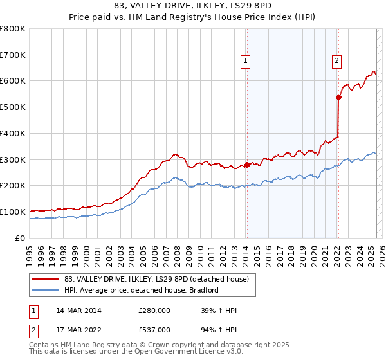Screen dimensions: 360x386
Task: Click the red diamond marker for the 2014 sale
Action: [247, 165]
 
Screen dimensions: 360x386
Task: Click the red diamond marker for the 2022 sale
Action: [338, 98]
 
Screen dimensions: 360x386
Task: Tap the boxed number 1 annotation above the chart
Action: [246, 61]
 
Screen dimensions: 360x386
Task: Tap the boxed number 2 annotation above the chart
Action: [336, 61]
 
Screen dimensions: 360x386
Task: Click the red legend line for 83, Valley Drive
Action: [46, 278]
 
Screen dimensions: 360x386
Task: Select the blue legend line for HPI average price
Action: [46, 290]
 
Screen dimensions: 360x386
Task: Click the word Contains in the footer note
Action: [44, 345]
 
